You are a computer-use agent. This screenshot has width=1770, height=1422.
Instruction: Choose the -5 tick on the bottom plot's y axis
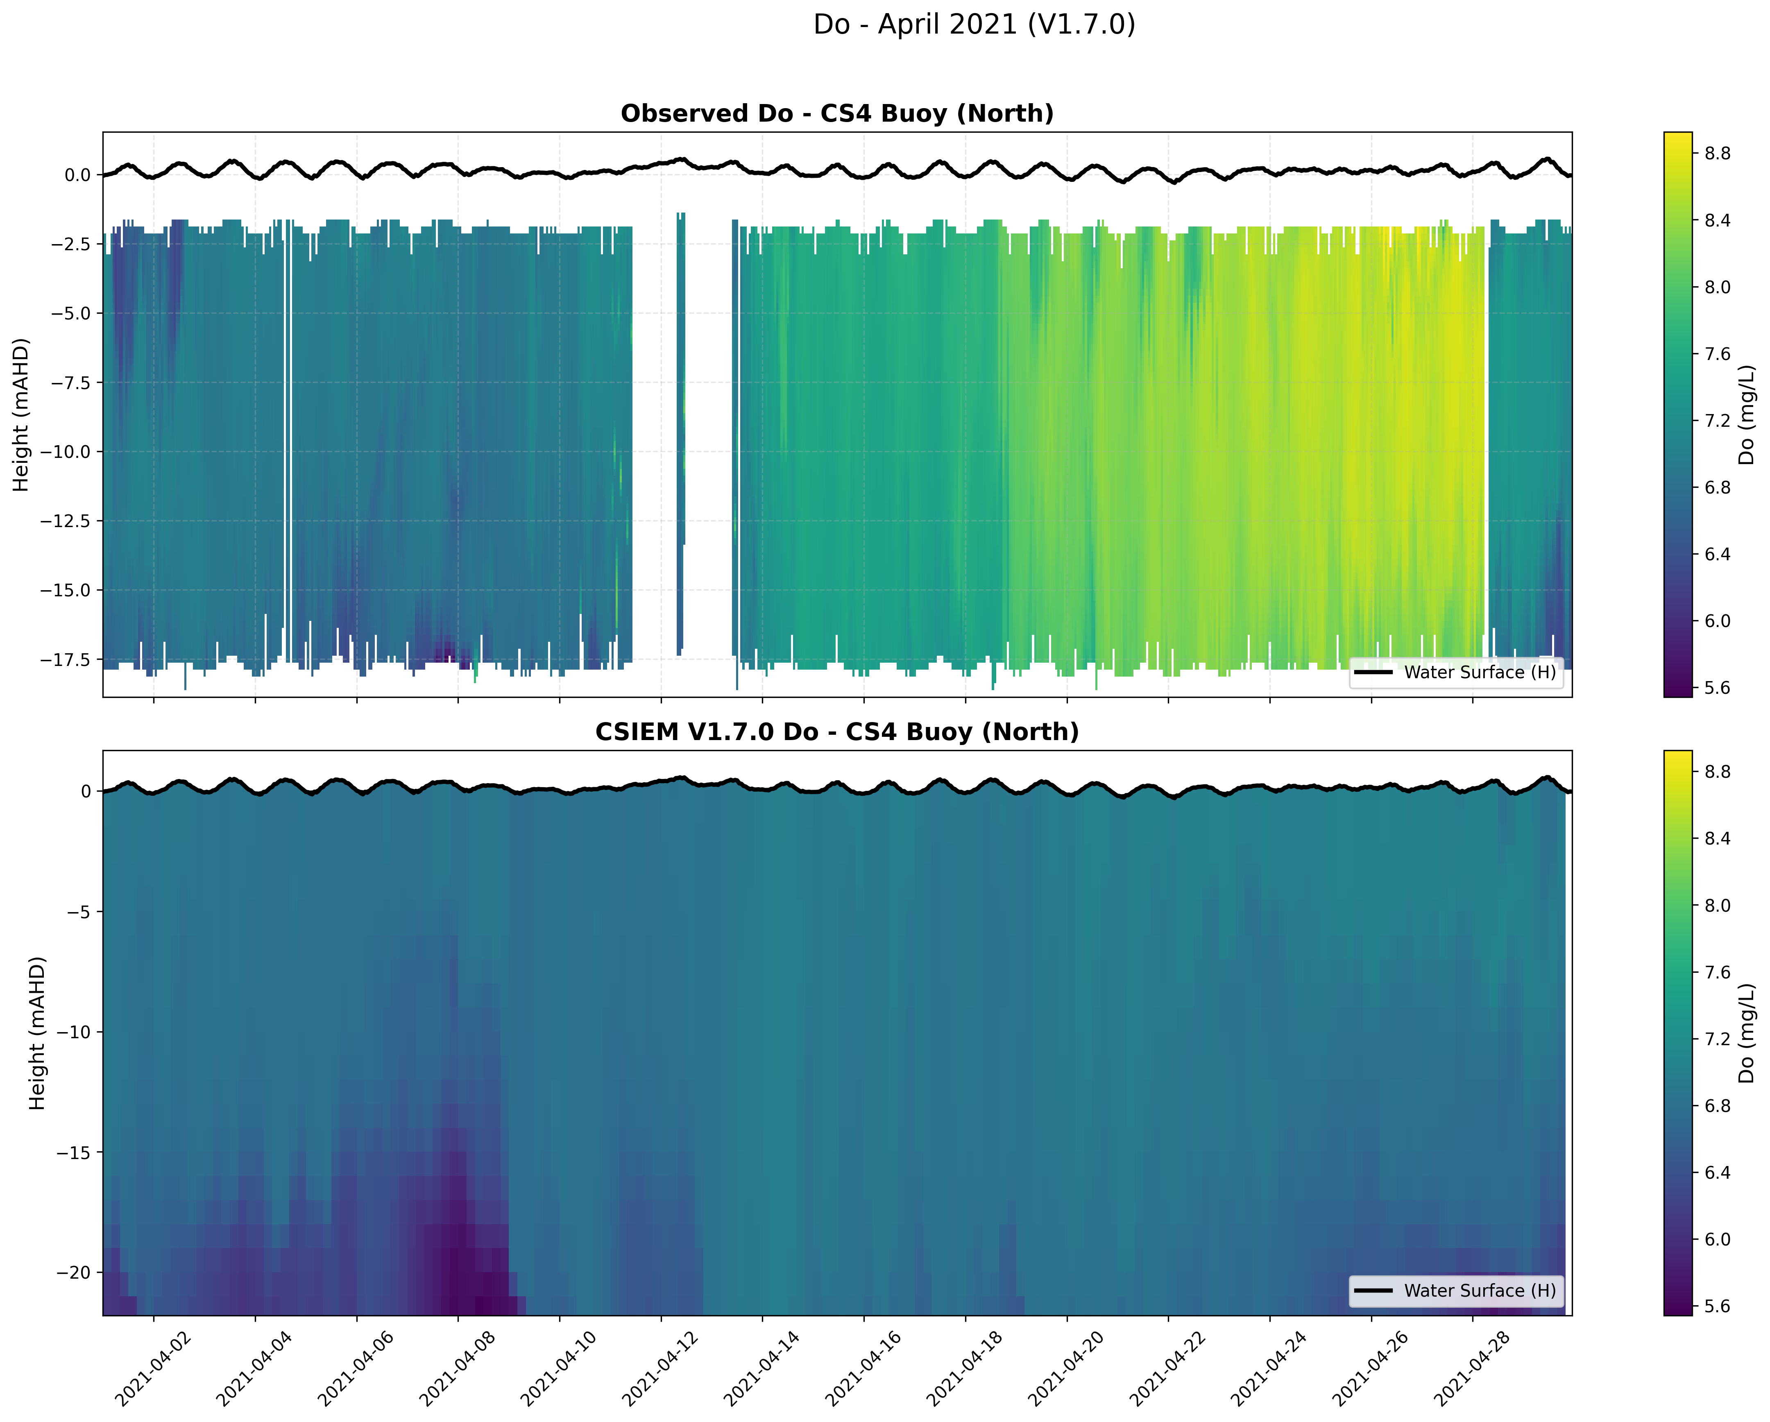point(79,911)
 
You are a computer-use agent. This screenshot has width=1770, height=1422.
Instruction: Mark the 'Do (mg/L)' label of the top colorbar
point(1746,414)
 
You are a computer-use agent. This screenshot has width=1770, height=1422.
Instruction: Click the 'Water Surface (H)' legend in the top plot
point(1455,673)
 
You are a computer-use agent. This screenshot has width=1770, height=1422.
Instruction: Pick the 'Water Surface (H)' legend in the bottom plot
point(1455,1291)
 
